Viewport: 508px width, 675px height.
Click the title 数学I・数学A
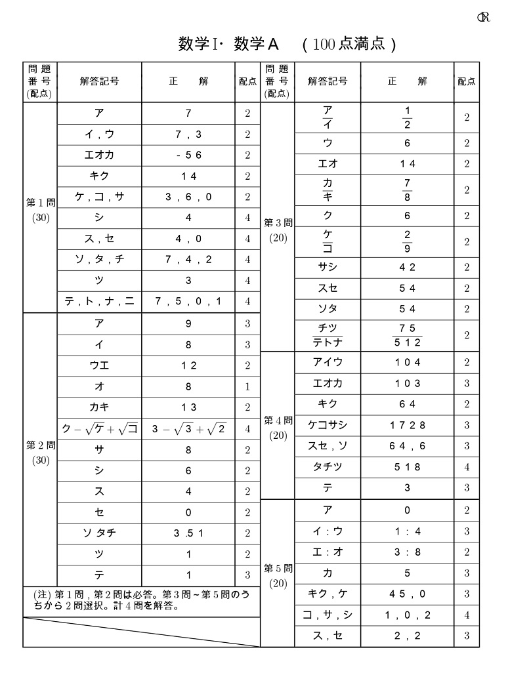(x=229, y=44)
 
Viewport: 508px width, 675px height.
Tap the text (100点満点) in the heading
(x=349, y=44)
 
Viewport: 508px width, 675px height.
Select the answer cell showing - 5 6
(x=188, y=155)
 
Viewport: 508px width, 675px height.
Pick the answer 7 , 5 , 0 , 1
(x=188, y=301)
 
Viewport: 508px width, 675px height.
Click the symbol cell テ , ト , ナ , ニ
(x=99, y=301)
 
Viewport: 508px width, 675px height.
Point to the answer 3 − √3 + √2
(x=188, y=429)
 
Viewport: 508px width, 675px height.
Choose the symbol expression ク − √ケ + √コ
(x=99, y=429)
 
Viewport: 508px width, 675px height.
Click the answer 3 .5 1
(x=188, y=533)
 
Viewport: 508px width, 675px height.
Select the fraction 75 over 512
(x=407, y=335)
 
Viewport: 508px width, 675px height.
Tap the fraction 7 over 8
(x=407, y=189)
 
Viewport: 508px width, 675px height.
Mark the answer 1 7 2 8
(x=407, y=425)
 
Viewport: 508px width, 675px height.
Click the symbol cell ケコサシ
(x=328, y=425)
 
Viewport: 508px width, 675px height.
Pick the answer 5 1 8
(x=407, y=467)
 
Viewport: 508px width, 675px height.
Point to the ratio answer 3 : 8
(x=407, y=552)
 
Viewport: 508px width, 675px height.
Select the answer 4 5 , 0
(x=407, y=594)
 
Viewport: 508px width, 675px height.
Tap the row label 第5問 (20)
(x=278, y=574)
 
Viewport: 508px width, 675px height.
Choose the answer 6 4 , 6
(x=407, y=446)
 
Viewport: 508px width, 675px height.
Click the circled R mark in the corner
(x=484, y=18)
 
